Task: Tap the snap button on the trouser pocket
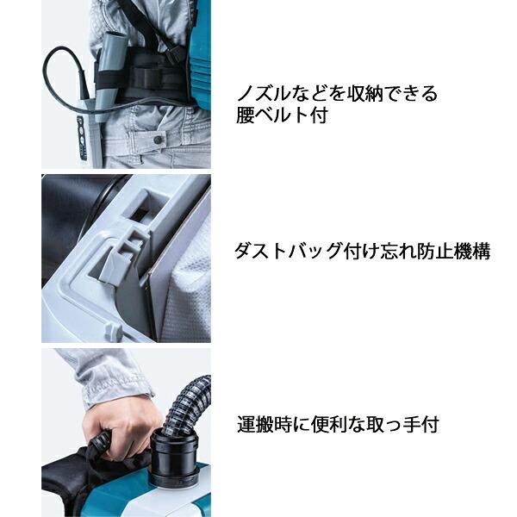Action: (x=158, y=139)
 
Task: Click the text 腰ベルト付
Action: (x=282, y=116)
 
